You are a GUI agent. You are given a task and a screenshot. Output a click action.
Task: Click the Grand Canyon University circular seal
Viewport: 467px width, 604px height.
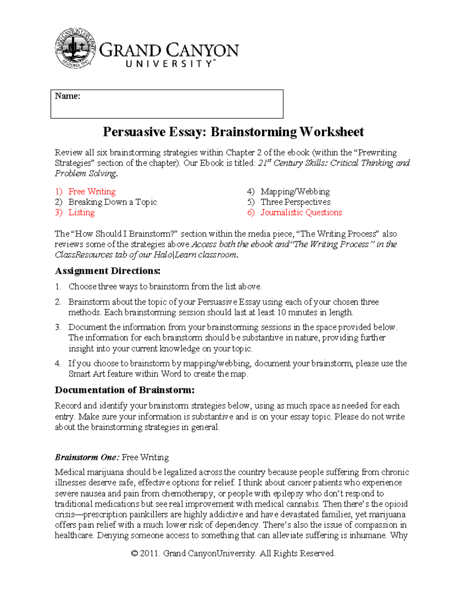[x=75, y=48]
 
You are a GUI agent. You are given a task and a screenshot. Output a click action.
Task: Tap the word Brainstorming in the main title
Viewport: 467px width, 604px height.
[x=254, y=132]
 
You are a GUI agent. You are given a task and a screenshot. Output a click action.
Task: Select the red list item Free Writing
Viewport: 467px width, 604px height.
[x=92, y=192]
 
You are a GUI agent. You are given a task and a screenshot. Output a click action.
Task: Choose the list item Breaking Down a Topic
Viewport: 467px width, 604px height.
[x=112, y=202]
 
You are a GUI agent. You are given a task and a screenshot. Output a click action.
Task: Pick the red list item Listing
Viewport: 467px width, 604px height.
[x=81, y=213]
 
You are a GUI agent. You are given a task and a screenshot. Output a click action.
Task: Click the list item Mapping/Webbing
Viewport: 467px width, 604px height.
[x=295, y=192]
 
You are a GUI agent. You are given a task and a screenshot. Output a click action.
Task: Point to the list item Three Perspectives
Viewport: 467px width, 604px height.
[x=295, y=202]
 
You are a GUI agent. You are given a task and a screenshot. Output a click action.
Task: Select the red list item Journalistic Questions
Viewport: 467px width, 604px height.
[x=301, y=213]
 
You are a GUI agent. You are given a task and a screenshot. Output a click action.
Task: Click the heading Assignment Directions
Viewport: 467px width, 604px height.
[x=107, y=271]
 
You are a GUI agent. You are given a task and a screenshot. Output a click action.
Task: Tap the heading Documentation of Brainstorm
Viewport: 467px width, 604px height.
[x=125, y=390]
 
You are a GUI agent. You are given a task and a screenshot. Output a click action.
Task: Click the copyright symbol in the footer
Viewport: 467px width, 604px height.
[x=135, y=553]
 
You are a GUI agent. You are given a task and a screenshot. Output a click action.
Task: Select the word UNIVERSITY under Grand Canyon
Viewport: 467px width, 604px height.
[x=169, y=64]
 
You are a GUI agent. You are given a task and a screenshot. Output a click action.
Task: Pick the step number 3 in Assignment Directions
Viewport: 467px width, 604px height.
[x=58, y=327]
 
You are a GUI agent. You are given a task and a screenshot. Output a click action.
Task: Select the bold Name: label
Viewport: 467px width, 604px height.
[x=68, y=96]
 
